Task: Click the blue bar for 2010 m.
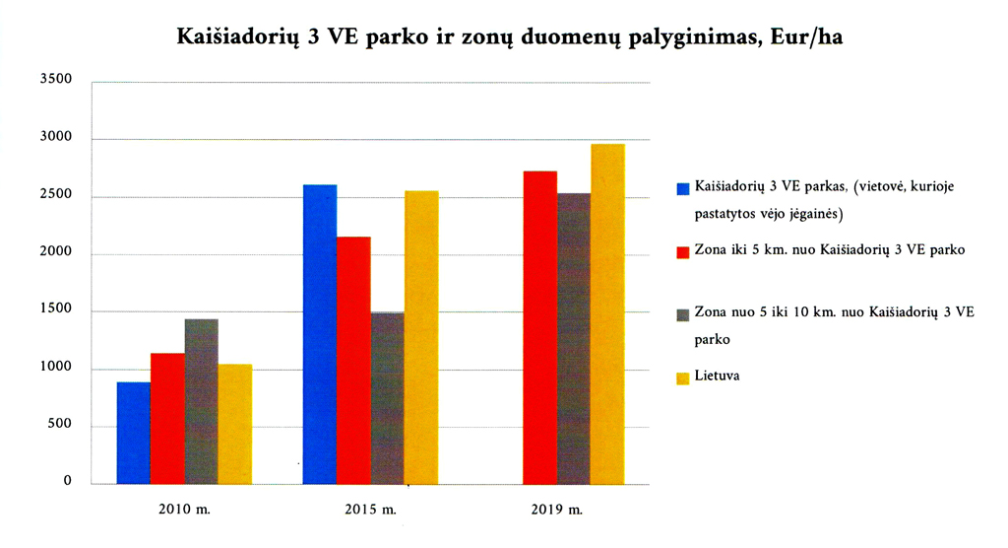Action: tap(133, 433)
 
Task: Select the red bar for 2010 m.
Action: tap(167, 418)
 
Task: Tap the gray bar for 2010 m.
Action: tap(201, 401)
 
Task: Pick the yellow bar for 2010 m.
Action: tap(234, 424)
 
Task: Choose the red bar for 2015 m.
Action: tap(353, 360)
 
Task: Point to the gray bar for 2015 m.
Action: tap(387, 398)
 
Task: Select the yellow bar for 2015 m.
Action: tap(421, 337)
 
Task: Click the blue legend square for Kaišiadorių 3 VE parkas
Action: tap(683, 187)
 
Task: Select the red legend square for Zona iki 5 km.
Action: tap(683, 251)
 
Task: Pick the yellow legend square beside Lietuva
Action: tap(683, 377)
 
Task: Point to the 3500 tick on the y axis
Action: tap(56, 80)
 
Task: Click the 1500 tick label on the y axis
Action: tap(56, 310)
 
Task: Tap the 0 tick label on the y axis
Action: tap(68, 481)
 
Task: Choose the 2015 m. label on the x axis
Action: tap(372, 512)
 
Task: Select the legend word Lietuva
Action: tap(717, 376)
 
